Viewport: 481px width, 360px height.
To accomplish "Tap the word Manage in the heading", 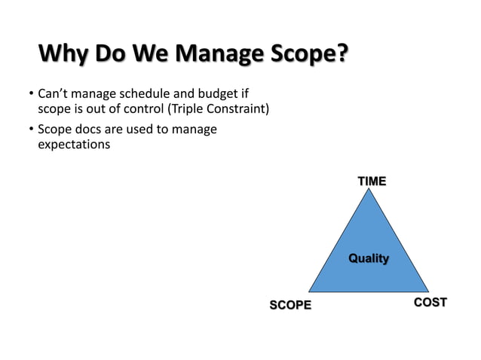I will [213, 56].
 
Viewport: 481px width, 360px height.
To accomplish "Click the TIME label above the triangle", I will [372, 182].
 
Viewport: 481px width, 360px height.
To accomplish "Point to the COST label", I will [430, 303].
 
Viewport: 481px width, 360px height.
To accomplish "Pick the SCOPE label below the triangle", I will [290, 305].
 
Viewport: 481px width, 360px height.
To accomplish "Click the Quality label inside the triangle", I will [368, 258].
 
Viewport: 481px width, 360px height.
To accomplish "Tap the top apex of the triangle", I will [369, 190].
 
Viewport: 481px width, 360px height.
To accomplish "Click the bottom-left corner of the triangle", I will [309, 291].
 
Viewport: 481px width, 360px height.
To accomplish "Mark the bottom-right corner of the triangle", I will [428, 291].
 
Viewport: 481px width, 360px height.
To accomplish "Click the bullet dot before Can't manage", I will [31, 95].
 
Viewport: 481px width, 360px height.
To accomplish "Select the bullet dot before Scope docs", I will [31, 130].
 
